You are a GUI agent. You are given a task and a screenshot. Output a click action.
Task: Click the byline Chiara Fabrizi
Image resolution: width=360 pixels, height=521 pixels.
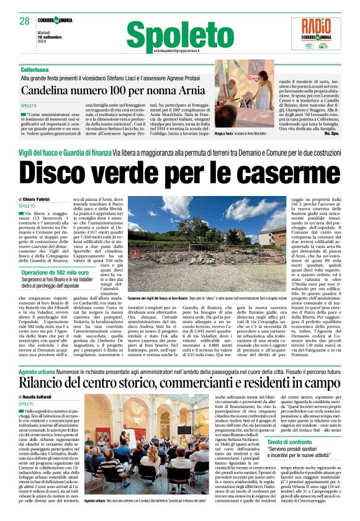pyautogui.click(x=41, y=198)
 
